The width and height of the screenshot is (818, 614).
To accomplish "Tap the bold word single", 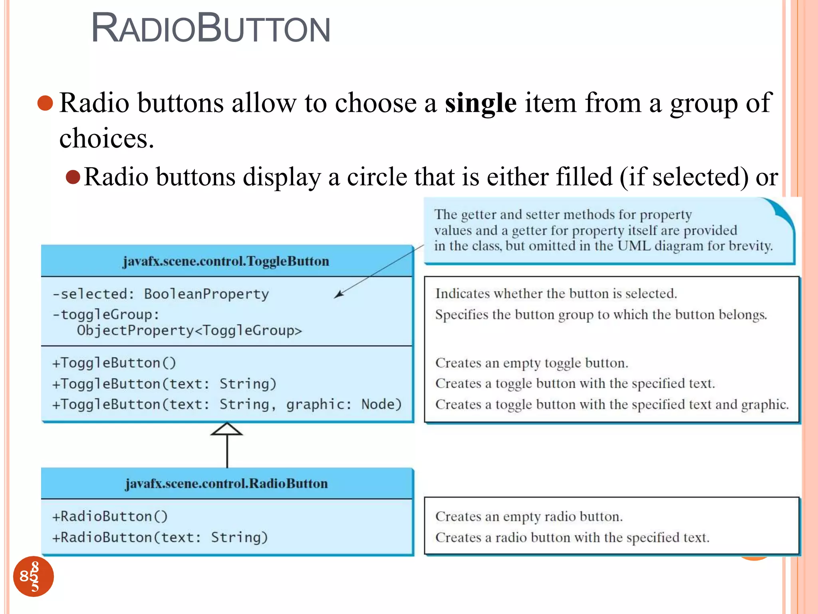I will pos(480,103).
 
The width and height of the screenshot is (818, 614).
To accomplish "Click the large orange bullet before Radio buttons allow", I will pos(45,103).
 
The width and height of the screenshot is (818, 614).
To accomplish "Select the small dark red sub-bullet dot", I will pos(73,177).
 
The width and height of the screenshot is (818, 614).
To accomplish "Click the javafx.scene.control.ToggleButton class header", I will pos(226,261).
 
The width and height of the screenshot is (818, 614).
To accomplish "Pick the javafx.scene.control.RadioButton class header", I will pos(226,484).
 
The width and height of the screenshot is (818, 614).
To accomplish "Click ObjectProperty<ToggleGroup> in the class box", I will pos(189,331).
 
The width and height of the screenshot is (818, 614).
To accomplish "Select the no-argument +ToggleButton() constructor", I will pos(114,363).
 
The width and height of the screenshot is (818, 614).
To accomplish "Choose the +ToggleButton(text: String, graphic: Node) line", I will pos(226,405).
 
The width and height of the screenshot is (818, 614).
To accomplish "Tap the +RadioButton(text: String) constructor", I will pos(160,537).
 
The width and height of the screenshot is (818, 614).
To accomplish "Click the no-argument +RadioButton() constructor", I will pos(110,516).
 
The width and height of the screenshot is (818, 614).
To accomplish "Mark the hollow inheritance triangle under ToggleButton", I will pos(227,429).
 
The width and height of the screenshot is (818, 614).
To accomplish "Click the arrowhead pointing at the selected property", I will pos(339,295).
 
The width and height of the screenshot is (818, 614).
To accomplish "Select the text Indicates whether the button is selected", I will pos(556,294).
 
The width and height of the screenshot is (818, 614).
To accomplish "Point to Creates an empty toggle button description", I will pos(532,363).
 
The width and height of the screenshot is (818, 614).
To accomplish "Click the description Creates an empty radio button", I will pos(529,516).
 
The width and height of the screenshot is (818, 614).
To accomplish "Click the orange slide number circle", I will pos(34,576).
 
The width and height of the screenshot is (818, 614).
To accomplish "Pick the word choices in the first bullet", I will pos(106,138).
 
